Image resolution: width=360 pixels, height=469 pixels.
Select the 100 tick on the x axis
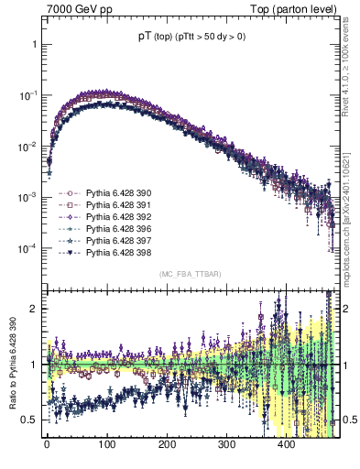(106, 443)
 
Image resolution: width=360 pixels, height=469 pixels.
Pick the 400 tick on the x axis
(287, 443)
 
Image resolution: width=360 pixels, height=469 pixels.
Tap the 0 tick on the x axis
(47, 443)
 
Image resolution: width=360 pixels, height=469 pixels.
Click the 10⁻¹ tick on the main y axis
(26, 95)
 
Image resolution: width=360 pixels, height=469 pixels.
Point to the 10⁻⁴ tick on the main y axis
(26, 248)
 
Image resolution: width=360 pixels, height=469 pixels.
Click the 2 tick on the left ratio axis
(31, 309)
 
